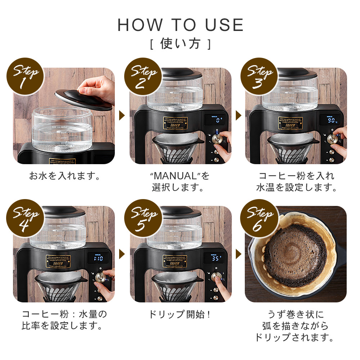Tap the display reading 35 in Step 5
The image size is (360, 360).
216,258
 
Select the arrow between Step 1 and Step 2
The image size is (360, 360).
122,116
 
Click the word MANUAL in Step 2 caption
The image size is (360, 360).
175,176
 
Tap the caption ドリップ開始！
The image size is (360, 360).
180,314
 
